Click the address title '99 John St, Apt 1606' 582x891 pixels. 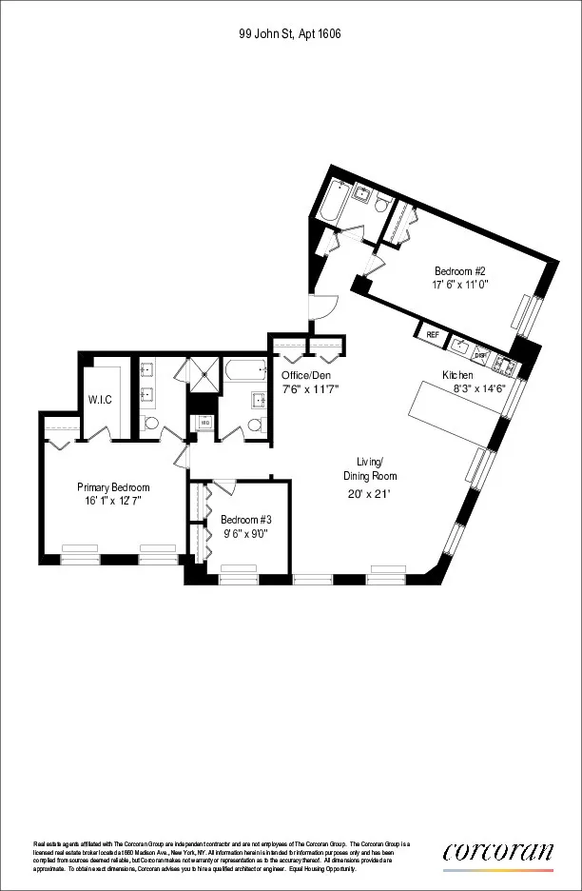pyautogui.click(x=290, y=33)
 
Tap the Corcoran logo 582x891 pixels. pyautogui.click(x=497, y=853)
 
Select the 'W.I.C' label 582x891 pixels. pyautogui.click(x=100, y=399)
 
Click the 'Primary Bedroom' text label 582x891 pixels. pyautogui.click(x=113, y=486)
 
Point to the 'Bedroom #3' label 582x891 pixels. pyautogui.click(x=244, y=520)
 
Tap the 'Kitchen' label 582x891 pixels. pyautogui.click(x=457, y=375)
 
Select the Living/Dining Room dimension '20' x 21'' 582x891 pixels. pyautogui.click(x=370, y=493)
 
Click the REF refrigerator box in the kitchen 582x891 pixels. pyautogui.click(x=433, y=334)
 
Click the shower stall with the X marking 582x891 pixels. pyautogui.click(x=200, y=374)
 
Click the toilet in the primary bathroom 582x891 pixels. pyautogui.click(x=149, y=423)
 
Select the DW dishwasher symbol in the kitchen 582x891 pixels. pyautogui.click(x=481, y=354)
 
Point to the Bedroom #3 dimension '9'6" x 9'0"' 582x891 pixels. pyautogui.click(x=244, y=533)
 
